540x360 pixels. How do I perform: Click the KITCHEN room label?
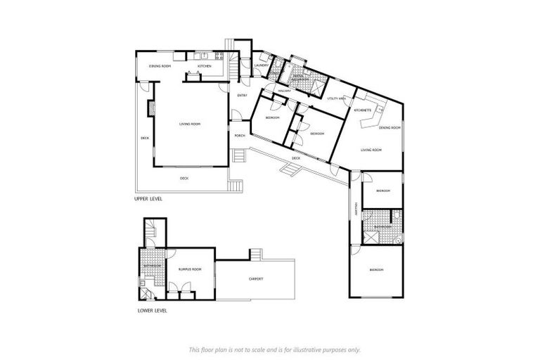(x=205, y=66)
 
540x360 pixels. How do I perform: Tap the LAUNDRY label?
(x=261, y=66)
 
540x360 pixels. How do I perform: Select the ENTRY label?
(x=242, y=95)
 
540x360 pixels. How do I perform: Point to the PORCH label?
(x=240, y=136)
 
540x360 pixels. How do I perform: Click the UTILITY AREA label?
(x=336, y=98)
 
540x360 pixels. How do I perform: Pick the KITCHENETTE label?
(x=363, y=110)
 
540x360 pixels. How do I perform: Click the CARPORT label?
(x=256, y=279)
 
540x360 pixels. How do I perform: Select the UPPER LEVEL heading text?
(x=148, y=199)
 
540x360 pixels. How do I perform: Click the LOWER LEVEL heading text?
(x=151, y=309)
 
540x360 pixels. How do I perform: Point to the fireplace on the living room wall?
(x=150, y=108)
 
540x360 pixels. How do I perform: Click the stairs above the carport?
(x=257, y=254)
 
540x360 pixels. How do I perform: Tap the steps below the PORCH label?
(x=240, y=155)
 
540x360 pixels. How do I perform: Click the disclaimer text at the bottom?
(x=274, y=349)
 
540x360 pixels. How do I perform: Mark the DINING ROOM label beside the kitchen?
(x=160, y=66)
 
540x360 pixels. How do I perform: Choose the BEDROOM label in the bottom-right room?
(x=377, y=270)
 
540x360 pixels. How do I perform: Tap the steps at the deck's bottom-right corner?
(x=236, y=187)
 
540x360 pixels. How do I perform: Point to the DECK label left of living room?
(x=144, y=139)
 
